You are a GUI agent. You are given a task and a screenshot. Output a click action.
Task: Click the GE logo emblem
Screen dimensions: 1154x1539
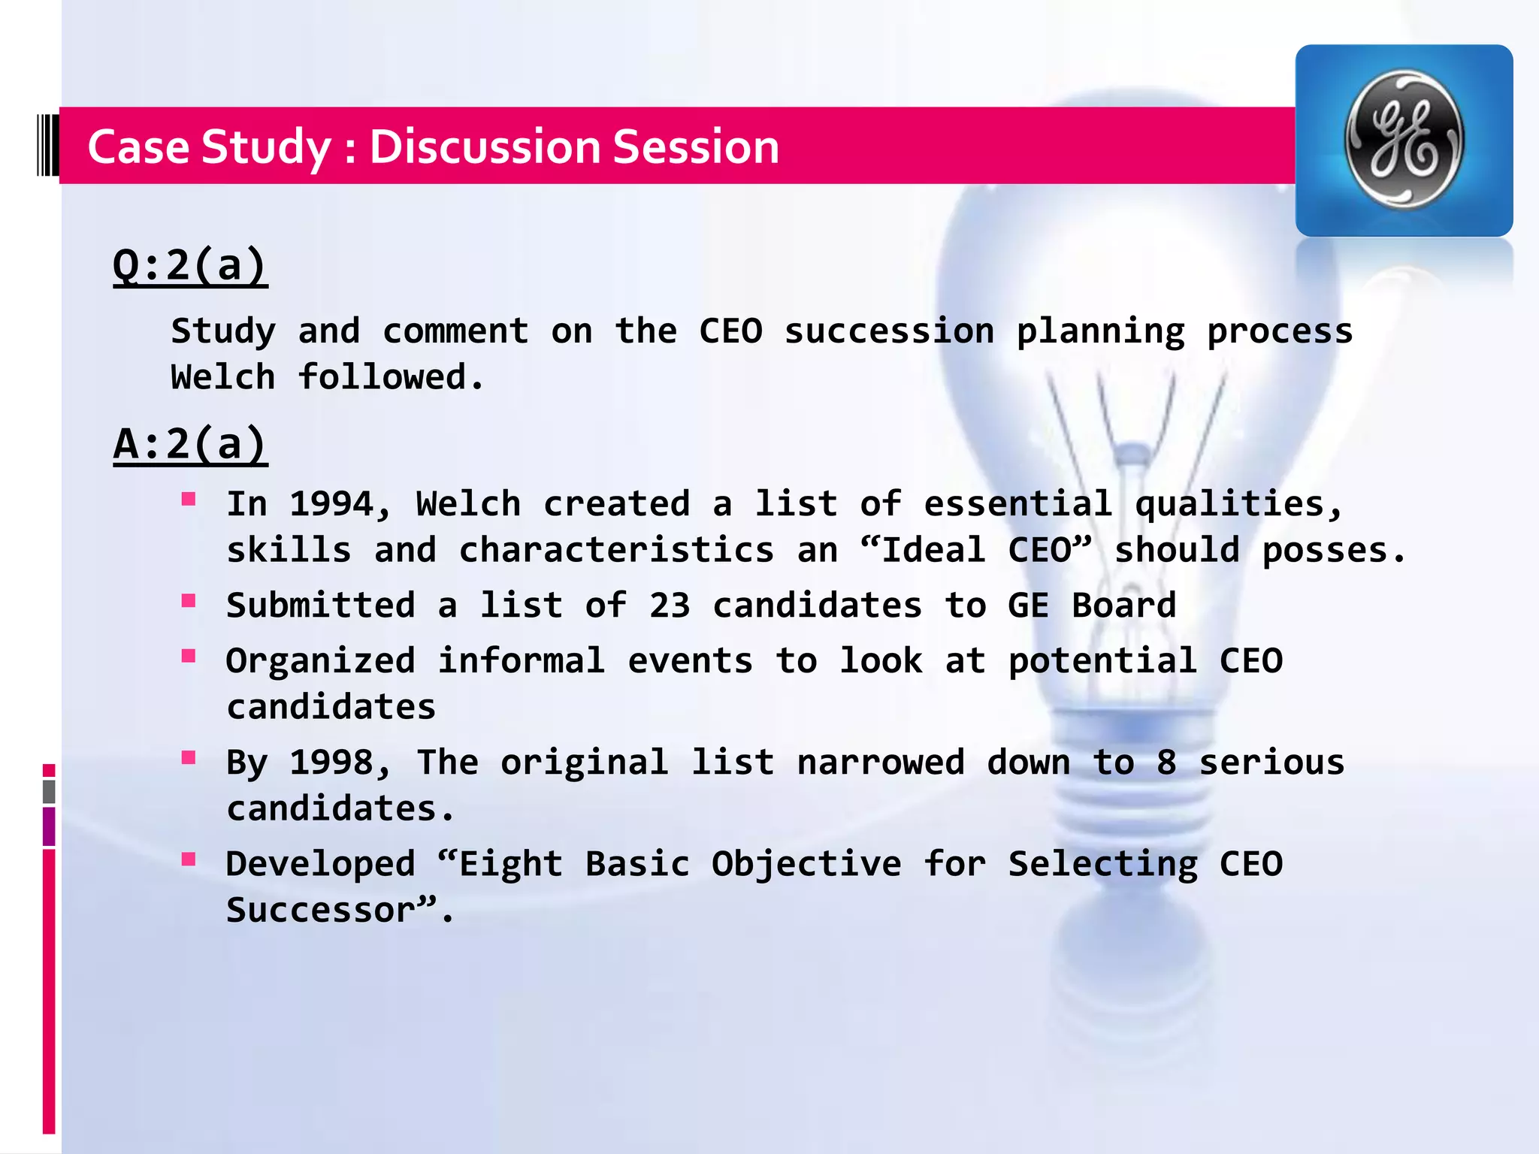(x=1403, y=140)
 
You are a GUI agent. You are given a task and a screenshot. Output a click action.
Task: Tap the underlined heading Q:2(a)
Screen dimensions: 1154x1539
(x=189, y=265)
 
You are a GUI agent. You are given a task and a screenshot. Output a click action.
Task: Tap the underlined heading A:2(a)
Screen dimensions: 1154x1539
(x=189, y=444)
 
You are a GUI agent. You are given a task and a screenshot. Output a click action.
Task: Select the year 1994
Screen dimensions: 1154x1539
(x=331, y=504)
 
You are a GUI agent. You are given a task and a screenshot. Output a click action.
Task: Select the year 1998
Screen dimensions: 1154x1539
(x=331, y=763)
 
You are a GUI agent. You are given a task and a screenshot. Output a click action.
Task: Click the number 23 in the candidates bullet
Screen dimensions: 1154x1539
(x=670, y=606)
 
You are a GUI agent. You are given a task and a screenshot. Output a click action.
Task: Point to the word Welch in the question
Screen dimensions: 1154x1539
(x=222, y=377)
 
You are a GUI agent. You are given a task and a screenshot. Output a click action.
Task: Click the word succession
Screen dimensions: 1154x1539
(x=889, y=331)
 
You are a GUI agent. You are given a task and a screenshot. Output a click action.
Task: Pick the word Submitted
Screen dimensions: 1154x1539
(x=320, y=606)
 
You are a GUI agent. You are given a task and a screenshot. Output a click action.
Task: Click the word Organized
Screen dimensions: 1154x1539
(x=320, y=661)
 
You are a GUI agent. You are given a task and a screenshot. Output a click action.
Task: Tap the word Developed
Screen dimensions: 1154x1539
(x=320, y=864)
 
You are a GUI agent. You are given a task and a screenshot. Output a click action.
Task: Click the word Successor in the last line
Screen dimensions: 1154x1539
(x=322, y=911)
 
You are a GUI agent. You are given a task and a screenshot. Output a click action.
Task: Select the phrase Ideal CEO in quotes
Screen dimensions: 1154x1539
(x=975, y=550)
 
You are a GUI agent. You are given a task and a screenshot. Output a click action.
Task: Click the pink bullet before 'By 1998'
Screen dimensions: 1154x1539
(x=189, y=757)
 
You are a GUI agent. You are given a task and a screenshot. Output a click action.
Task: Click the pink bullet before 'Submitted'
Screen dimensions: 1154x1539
(x=189, y=600)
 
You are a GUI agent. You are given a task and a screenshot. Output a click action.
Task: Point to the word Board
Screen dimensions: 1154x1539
(x=1123, y=606)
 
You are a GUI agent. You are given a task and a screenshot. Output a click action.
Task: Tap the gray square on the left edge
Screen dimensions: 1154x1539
(x=49, y=791)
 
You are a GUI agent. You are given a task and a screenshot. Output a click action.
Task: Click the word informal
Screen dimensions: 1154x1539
(x=522, y=661)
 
